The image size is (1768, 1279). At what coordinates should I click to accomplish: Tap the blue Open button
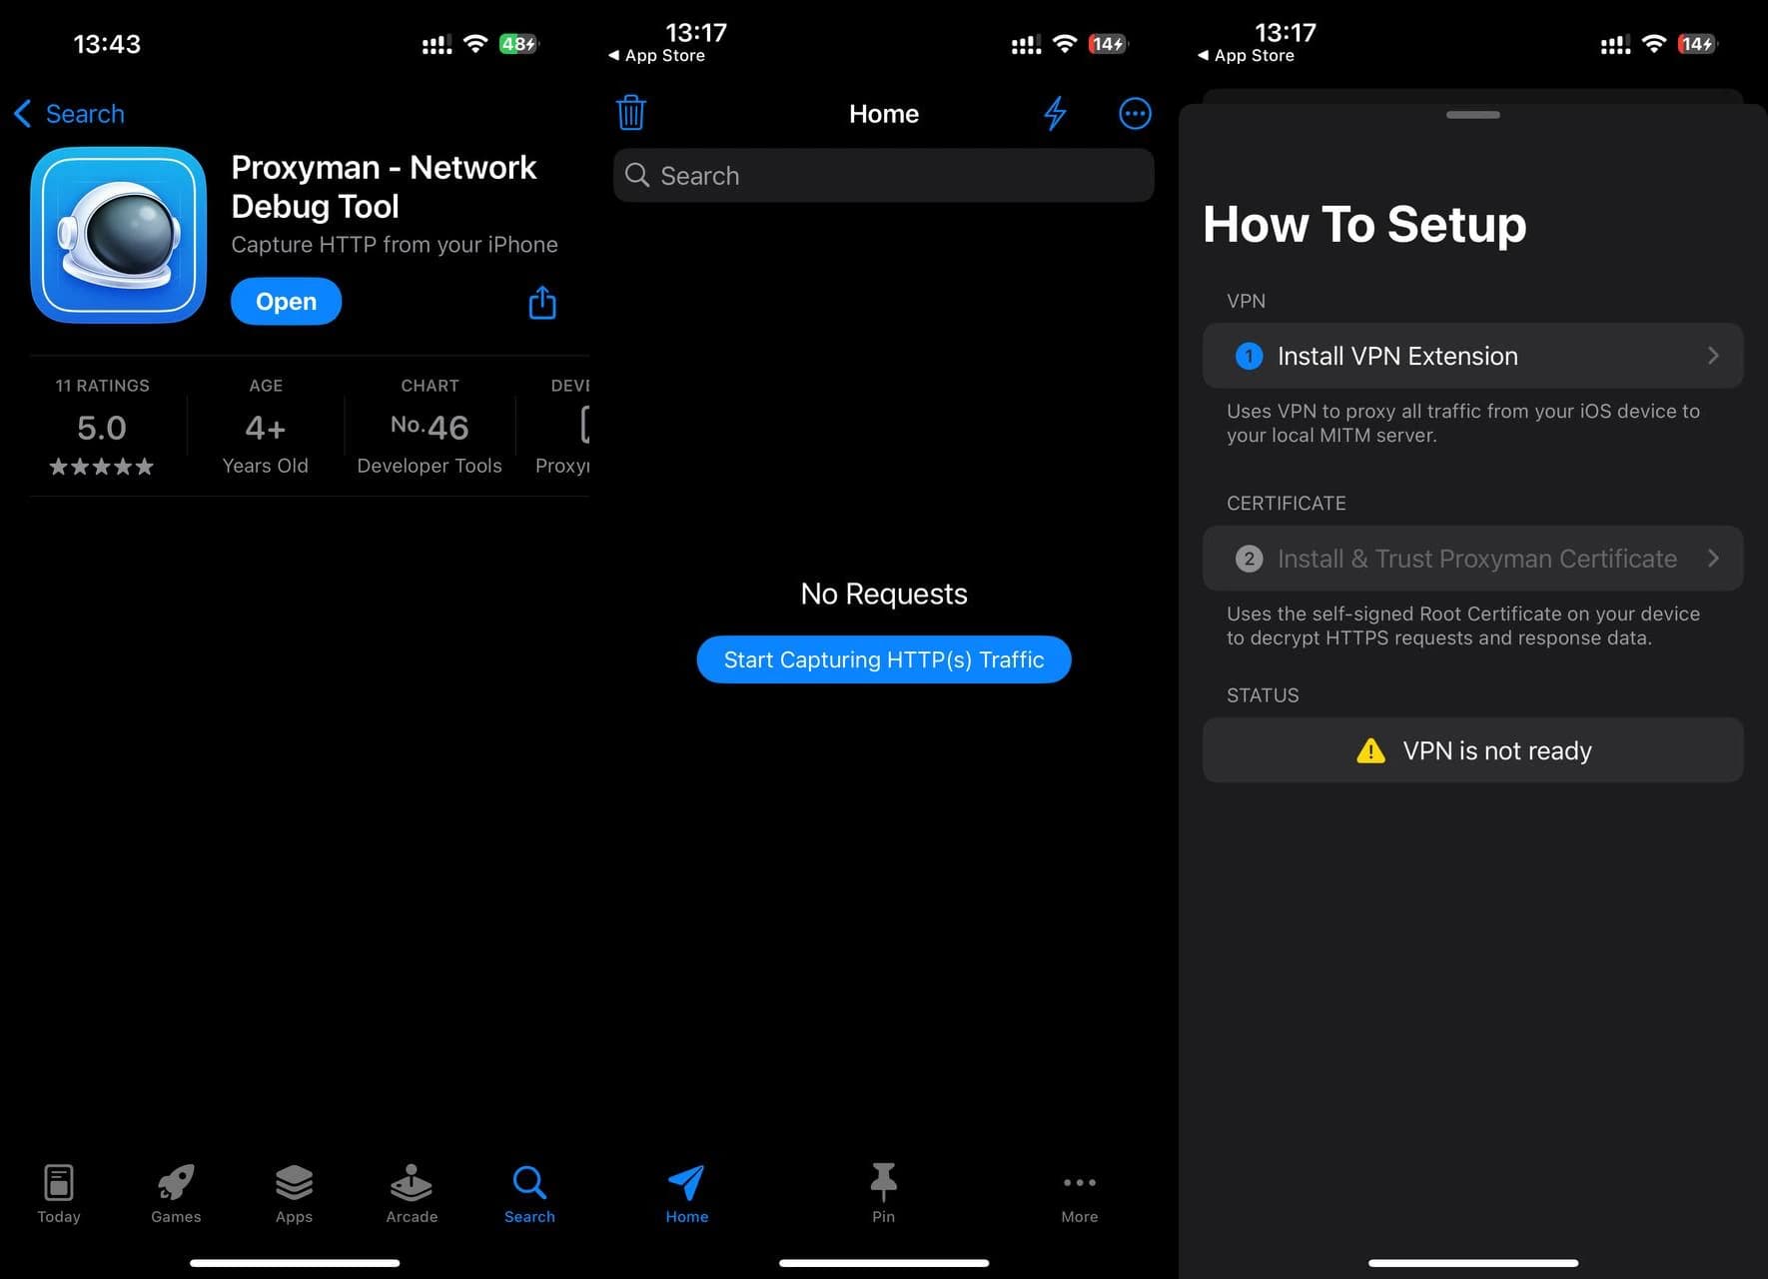click(x=286, y=301)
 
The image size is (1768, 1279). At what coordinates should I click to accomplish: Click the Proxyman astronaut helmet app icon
click(x=118, y=235)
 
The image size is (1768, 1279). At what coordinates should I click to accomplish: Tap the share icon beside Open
click(x=542, y=302)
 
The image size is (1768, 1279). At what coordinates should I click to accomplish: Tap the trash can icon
click(x=631, y=113)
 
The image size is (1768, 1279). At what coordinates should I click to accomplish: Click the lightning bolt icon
click(x=1055, y=113)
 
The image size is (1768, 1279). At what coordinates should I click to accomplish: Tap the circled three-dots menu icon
click(x=1135, y=113)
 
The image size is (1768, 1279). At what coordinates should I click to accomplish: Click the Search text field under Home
click(x=884, y=176)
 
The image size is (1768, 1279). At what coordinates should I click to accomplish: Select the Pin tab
click(x=883, y=1193)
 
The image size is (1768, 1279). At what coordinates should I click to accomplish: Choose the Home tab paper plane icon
click(x=686, y=1182)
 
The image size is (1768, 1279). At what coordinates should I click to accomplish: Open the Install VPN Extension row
click(x=1473, y=356)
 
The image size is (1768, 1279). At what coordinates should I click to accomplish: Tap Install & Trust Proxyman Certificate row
click(x=1473, y=559)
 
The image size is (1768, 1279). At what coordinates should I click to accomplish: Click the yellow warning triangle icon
click(x=1371, y=750)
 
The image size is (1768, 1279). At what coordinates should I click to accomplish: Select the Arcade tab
click(x=412, y=1193)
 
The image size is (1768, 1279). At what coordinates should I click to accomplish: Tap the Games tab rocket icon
click(x=176, y=1182)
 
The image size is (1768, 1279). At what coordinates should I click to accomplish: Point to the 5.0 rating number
click(x=102, y=428)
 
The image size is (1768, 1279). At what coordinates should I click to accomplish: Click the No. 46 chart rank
click(x=430, y=427)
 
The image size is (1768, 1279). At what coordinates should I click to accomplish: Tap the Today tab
click(x=59, y=1193)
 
